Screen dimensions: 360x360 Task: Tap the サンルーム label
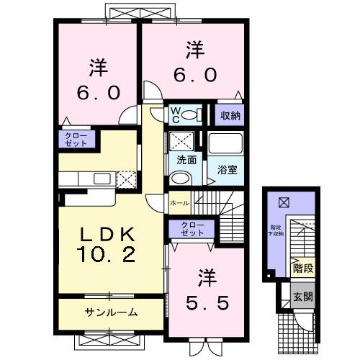click(112, 312)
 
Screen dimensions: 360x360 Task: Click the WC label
click(174, 115)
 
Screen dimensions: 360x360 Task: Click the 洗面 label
click(181, 161)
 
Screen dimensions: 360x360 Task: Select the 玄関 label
click(303, 295)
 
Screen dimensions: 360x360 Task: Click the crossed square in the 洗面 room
click(181, 140)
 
